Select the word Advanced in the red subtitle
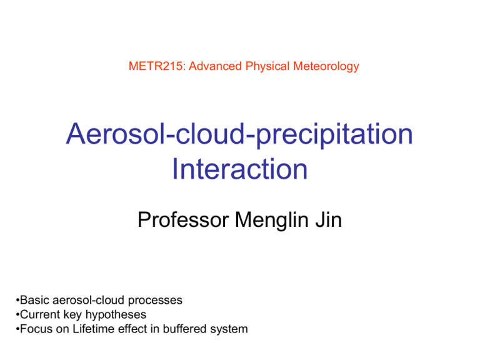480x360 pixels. click(x=215, y=66)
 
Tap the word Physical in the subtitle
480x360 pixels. click(x=267, y=67)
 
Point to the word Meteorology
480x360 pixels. click(x=326, y=67)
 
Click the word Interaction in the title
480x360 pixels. click(x=240, y=169)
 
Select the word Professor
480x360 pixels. click(x=183, y=219)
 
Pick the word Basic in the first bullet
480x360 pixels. click(x=35, y=300)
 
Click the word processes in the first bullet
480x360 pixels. click(x=155, y=301)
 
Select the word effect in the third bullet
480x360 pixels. click(x=132, y=329)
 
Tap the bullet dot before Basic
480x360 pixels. click(x=17, y=300)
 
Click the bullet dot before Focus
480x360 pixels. click(x=17, y=329)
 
